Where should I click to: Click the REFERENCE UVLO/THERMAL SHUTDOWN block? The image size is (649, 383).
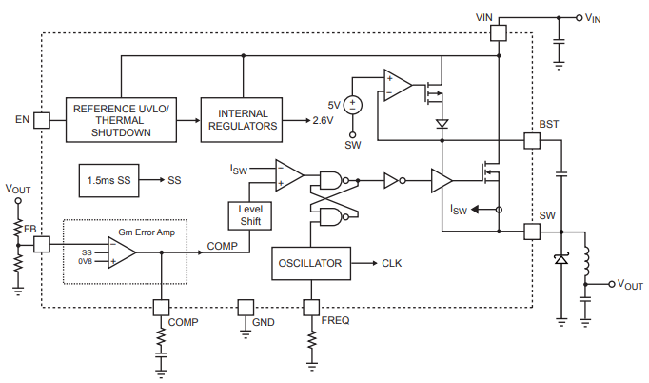(x=120, y=120)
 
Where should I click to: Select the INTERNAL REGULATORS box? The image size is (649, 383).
(x=243, y=120)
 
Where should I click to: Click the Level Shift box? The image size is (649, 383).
(x=249, y=215)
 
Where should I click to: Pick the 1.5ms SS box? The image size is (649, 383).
(x=109, y=179)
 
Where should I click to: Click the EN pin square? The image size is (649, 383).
(x=42, y=120)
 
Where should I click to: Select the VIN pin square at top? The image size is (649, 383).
(x=498, y=32)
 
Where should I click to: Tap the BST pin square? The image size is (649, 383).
(x=531, y=140)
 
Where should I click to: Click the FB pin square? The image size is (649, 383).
(x=42, y=245)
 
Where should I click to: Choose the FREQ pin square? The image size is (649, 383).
(x=311, y=307)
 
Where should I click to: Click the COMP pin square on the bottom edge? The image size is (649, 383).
(x=161, y=307)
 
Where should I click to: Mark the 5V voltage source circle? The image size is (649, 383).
(x=353, y=106)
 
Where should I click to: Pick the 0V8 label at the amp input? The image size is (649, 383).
(x=87, y=260)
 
